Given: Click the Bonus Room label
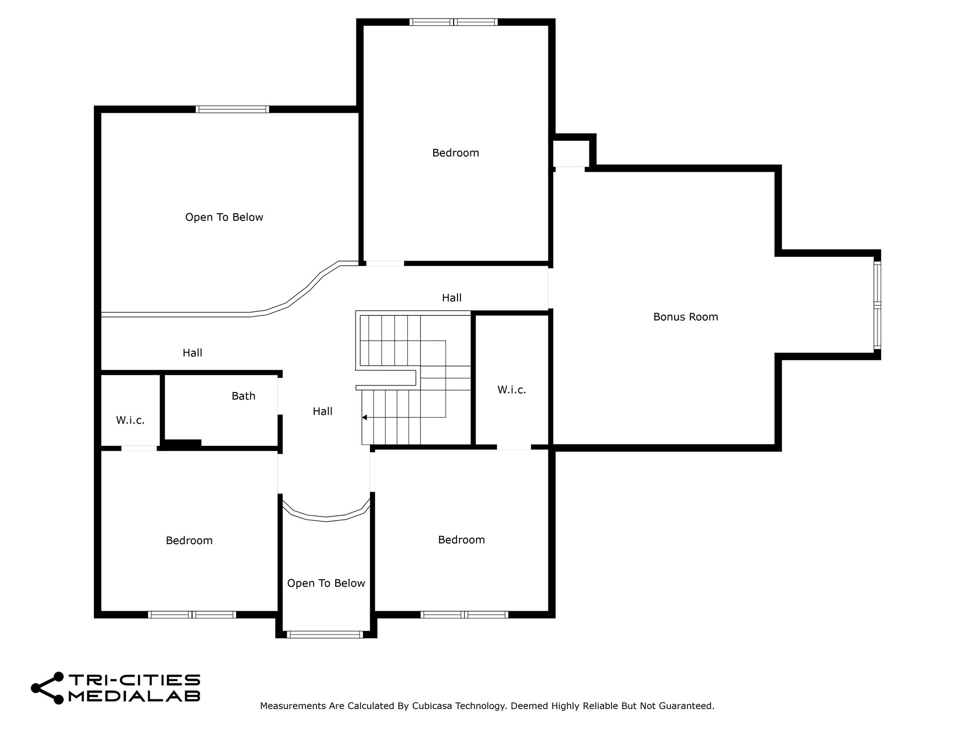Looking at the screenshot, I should coord(685,317).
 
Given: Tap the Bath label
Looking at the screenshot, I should coord(243,396).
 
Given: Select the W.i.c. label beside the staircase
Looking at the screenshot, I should coord(512,390).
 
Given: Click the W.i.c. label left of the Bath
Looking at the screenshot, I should coord(130,420).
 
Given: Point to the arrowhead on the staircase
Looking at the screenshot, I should coord(364,417).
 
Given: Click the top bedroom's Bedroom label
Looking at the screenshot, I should coord(455,153).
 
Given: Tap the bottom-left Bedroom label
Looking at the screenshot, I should coord(189,540).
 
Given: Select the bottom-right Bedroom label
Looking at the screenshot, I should coord(461,540).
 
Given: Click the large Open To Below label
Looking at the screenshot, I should coord(224,217).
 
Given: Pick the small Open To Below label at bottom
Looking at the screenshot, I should coord(326,583).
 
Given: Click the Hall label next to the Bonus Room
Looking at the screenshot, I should coord(451,298).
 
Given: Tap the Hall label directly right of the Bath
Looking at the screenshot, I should coord(322,411).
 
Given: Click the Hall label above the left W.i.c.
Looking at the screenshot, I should coord(192,353).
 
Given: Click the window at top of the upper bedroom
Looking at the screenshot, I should coord(453,22).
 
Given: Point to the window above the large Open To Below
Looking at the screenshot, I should coord(232,109).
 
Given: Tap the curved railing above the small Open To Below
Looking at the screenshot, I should coord(326,518).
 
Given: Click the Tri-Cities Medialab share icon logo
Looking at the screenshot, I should coord(47,688).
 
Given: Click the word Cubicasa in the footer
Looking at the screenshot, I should coord(432,706).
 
